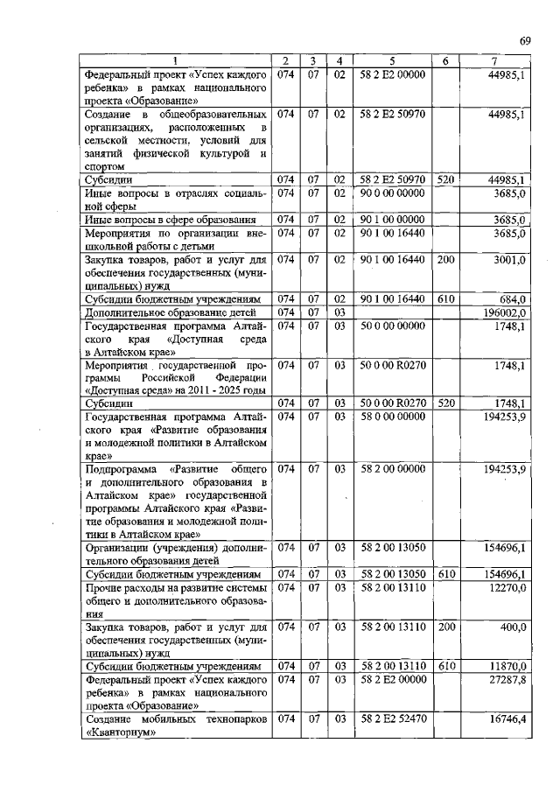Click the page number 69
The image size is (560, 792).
click(x=525, y=40)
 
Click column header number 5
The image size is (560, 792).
click(x=392, y=60)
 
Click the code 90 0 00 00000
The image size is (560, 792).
click(x=392, y=192)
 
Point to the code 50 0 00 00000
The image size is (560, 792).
click(x=392, y=326)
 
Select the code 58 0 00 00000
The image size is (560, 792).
click(x=392, y=417)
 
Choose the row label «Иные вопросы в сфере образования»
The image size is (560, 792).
click(x=170, y=220)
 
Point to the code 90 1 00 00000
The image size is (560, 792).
click(x=392, y=220)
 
